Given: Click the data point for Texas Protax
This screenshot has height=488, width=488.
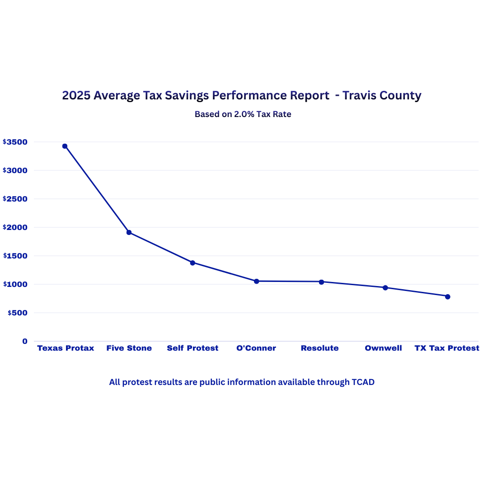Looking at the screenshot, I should [65, 146].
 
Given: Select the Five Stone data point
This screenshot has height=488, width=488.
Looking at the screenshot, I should [129, 232].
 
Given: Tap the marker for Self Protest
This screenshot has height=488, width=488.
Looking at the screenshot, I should [192, 263].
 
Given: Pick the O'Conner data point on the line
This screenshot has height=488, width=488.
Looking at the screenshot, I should [256, 281].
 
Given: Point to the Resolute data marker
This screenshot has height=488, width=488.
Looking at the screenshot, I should [321, 282].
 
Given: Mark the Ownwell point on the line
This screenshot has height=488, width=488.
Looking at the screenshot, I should [385, 287].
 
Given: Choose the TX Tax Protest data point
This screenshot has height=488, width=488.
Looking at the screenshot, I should [447, 296].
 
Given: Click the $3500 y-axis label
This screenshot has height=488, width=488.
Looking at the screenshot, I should [15, 142].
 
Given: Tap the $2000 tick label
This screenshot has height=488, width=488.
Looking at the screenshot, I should [15, 227].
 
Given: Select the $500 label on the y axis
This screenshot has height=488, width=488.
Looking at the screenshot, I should [17, 313].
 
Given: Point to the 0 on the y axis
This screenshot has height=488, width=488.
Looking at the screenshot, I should [25, 341].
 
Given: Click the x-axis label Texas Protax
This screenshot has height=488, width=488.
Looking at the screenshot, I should [66, 348].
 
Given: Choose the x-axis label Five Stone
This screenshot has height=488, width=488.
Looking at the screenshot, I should [129, 348].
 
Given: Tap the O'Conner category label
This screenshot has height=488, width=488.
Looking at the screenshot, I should [256, 348].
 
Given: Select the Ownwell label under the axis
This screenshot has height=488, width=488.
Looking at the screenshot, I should [383, 348].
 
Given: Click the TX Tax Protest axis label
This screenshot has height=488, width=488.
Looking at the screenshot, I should [447, 348].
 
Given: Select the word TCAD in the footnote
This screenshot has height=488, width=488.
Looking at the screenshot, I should [363, 382].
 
